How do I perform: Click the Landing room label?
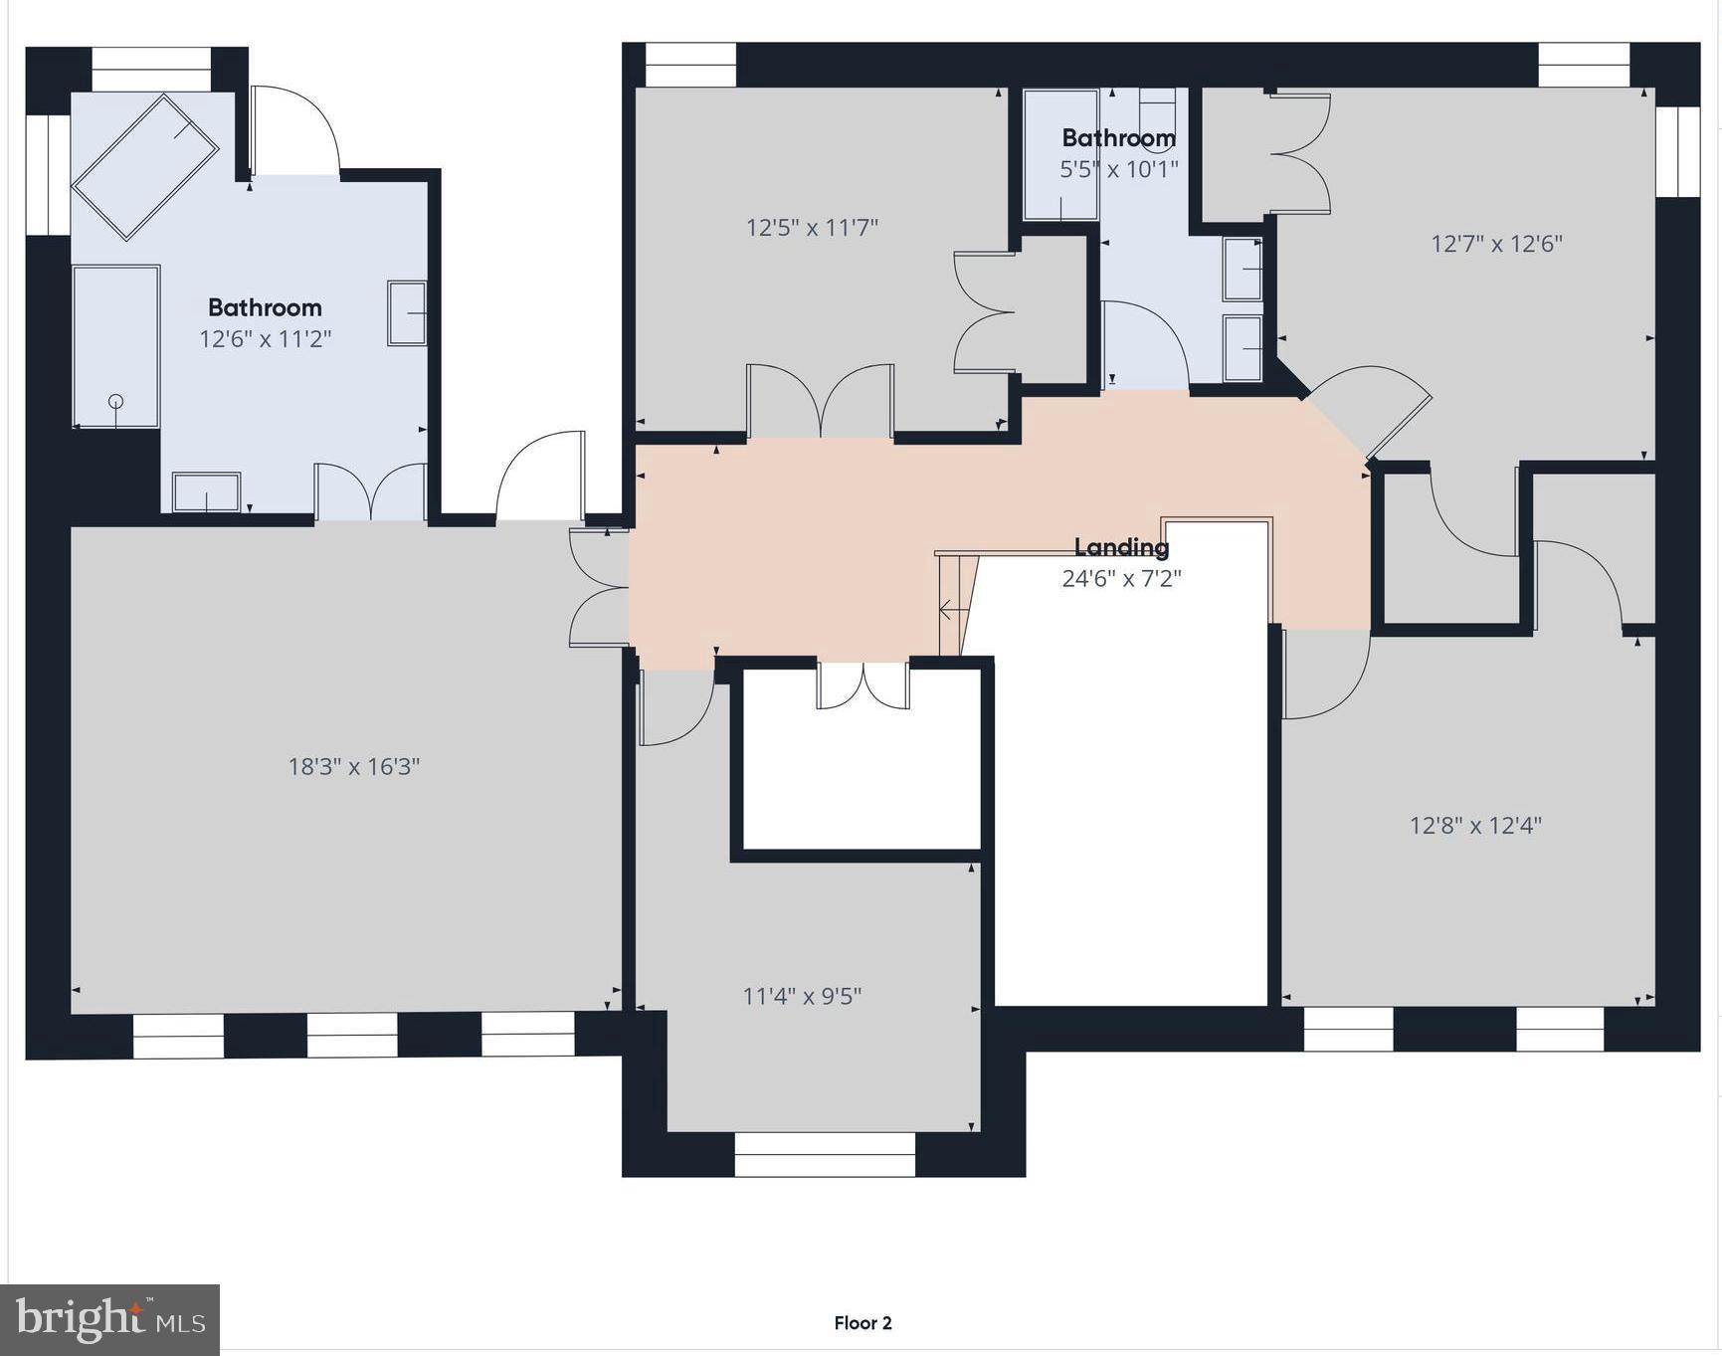pyautogui.click(x=1121, y=546)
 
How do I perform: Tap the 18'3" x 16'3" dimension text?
pyautogui.click(x=354, y=766)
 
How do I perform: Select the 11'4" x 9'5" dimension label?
pyautogui.click(x=802, y=996)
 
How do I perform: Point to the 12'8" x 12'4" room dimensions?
pyautogui.click(x=1475, y=825)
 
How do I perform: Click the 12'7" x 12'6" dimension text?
pyautogui.click(x=1496, y=244)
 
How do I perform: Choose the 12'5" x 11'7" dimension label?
pyautogui.click(x=812, y=228)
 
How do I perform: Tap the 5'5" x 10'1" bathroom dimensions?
pyautogui.click(x=1118, y=169)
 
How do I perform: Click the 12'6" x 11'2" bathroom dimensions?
pyautogui.click(x=265, y=339)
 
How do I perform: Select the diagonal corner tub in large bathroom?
pyautogui.click(x=145, y=166)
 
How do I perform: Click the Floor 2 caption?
pyautogui.click(x=862, y=1322)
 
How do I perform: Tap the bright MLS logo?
pyautogui.click(x=110, y=1319)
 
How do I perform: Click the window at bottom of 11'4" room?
pyautogui.click(x=825, y=1154)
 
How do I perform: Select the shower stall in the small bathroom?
pyautogui.click(x=1060, y=155)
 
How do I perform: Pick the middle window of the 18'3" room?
pyautogui.click(x=352, y=1036)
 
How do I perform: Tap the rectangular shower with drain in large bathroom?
pyautogui.click(x=115, y=346)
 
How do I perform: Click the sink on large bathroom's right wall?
pyautogui.click(x=407, y=313)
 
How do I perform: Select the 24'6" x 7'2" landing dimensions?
pyautogui.click(x=1121, y=578)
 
